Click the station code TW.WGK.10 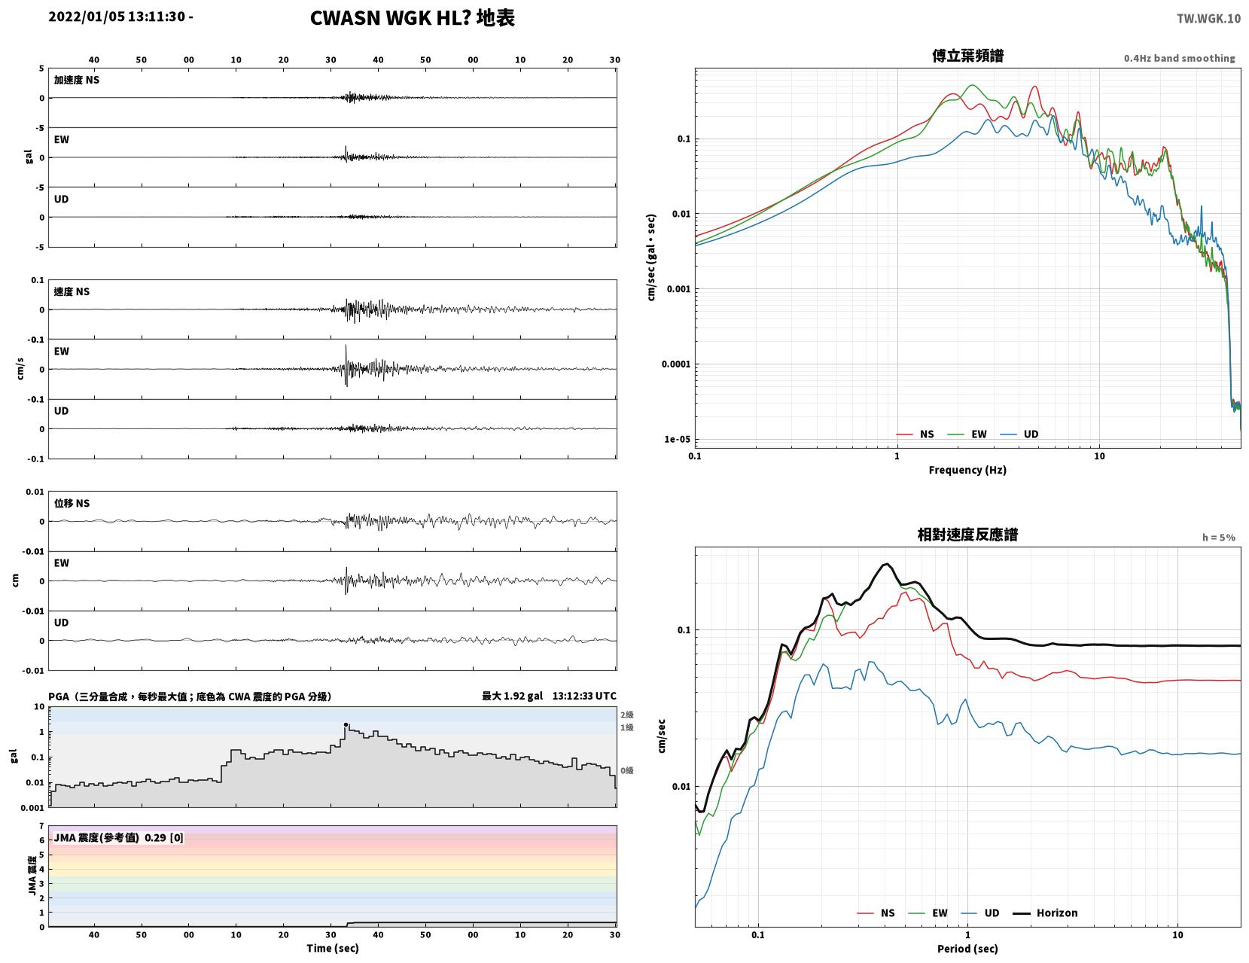coord(1208,18)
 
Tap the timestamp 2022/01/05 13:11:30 coord(117,17)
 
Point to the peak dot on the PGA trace coord(346,724)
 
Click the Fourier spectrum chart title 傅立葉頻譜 coord(967,56)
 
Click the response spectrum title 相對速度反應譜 coord(967,535)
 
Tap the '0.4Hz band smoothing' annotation coord(1179,58)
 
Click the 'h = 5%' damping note coord(1218,538)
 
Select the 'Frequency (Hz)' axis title coord(967,470)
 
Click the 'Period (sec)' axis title coord(967,949)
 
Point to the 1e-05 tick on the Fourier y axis coord(677,439)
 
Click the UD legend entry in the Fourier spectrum coord(1019,434)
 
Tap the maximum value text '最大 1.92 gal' coord(511,696)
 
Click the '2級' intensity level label coord(626,715)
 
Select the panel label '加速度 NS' coord(77,80)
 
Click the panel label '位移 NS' coord(72,503)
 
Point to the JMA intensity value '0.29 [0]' coord(164,838)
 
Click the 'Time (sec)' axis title coord(332,948)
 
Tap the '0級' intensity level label coord(626,770)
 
